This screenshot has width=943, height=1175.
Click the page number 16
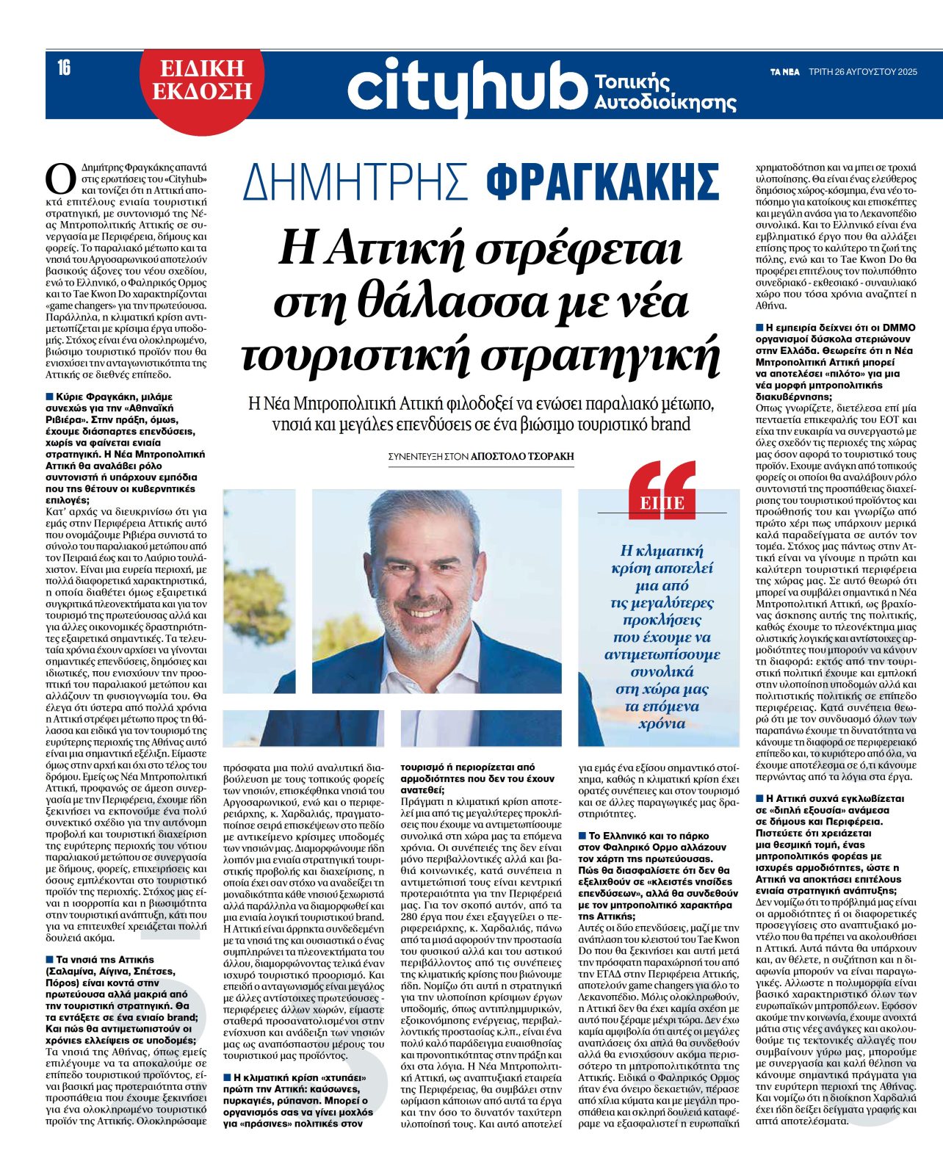[64, 68]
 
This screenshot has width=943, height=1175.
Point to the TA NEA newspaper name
[784, 72]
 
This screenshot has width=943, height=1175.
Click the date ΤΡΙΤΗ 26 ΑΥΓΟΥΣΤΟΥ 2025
[863, 72]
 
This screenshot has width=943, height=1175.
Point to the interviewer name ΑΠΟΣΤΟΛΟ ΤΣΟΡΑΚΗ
[522, 456]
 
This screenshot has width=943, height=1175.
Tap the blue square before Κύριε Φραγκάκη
[49, 397]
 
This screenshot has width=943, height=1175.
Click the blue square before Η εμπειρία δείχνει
[759, 328]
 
